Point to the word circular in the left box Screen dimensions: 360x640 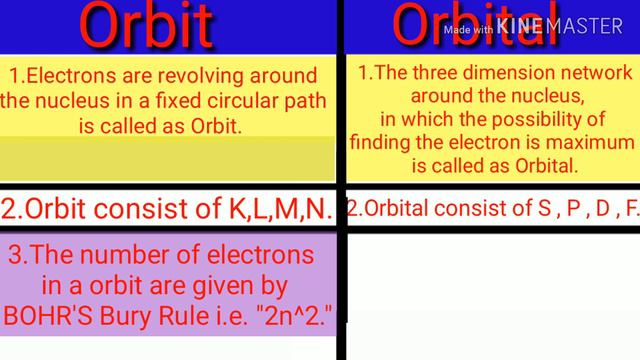click(232, 101)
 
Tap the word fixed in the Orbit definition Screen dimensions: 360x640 click(174, 101)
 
